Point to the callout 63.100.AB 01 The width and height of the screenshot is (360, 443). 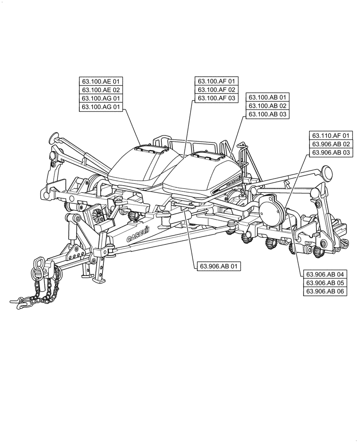pyautogui.click(x=268, y=97)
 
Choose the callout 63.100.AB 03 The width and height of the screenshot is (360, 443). pyautogui.click(x=268, y=114)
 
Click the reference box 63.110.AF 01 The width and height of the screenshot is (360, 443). pyautogui.click(x=331, y=136)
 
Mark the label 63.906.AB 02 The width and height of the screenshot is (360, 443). pyautogui.click(x=331, y=144)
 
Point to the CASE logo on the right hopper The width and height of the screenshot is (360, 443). pyautogui.click(x=234, y=181)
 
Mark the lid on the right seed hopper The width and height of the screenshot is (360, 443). pyautogui.click(x=208, y=155)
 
